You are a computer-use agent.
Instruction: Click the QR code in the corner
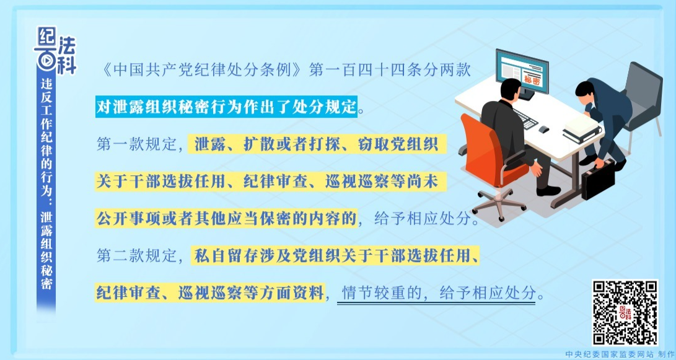pos(625,313)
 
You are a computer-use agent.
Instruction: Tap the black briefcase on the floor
pos(598,179)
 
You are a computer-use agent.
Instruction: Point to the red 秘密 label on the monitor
pos(532,80)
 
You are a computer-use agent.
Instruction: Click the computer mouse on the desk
pos(543,130)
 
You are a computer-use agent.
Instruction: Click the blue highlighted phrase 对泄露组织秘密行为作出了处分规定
pos(227,107)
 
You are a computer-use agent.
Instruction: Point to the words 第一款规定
pos(136,145)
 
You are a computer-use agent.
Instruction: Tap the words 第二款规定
pos(136,256)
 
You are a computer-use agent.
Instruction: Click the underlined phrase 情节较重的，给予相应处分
pos(436,293)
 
